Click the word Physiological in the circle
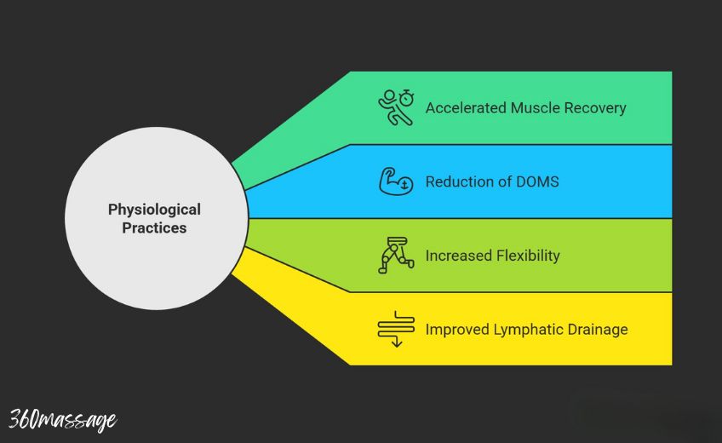[x=154, y=209]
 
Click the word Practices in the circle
[x=154, y=227]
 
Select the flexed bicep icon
[x=396, y=181]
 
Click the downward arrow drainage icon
[x=396, y=329]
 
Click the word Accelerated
[x=465, y=108]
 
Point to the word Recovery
[x=595, y=108]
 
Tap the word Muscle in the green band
[x=536, y=108]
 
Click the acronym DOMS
[x=536, y=181]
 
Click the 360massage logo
[x=62, y=419]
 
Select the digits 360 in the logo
[x=23, y=419]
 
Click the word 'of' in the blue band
[x=502, y=181]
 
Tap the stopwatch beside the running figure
[x=407, y=98]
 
